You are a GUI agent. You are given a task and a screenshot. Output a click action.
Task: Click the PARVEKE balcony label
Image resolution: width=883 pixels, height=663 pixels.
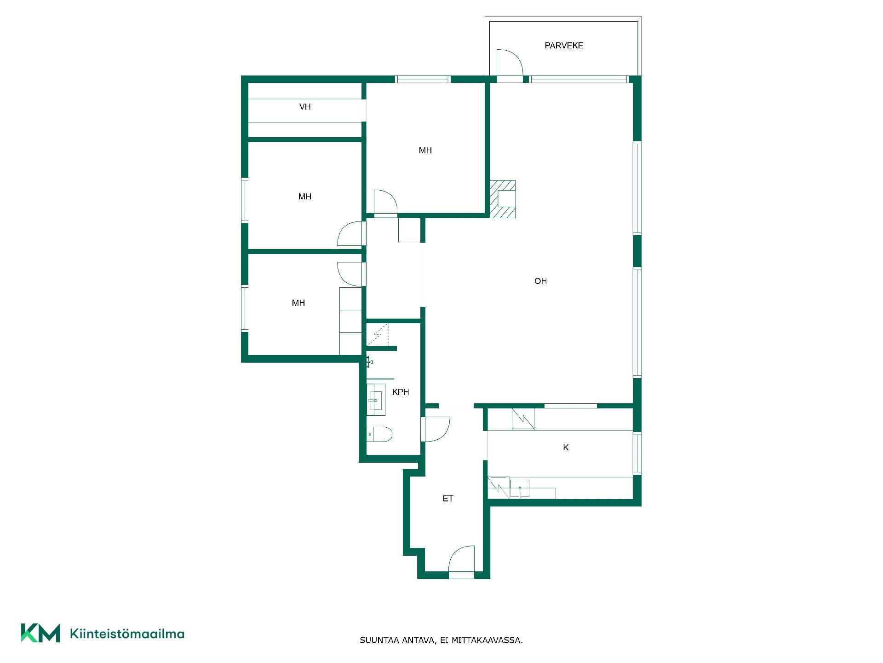tap(564, 46)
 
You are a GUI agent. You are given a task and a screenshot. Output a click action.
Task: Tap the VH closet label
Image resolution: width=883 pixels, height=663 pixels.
tap(305, 107)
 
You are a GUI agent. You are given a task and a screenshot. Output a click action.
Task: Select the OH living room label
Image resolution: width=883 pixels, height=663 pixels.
tap(540, 281)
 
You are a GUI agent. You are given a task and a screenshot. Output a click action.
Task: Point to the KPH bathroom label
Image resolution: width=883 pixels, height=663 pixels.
tap(401, 392)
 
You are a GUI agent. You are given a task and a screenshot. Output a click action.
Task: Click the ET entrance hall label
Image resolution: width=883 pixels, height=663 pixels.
tap(448, 498)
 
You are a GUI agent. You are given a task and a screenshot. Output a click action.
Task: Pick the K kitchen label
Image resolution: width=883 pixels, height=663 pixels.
tap(566, 447)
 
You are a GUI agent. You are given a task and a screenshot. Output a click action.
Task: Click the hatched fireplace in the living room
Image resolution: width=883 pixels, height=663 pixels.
tap(502, 199)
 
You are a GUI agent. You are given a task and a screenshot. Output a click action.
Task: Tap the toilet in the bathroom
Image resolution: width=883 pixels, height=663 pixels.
tap(379, 434)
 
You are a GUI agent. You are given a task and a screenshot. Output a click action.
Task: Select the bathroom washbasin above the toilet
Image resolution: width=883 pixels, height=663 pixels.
tap(376, 400)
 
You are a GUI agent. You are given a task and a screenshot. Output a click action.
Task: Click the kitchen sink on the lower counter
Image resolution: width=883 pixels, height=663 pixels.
tap(520, 489)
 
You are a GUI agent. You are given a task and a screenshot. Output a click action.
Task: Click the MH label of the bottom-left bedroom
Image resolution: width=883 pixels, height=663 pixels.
tap(298, 303)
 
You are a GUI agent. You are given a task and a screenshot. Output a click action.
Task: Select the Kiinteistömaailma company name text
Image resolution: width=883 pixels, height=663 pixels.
tap(127, 634)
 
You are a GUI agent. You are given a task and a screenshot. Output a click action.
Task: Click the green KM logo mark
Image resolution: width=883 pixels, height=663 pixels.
tap(40, 633)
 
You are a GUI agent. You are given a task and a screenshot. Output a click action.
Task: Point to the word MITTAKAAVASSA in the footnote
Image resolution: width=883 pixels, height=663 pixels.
tap(487, 640)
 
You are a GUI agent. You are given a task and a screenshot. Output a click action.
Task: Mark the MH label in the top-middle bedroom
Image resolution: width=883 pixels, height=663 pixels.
tap(425, 151)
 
